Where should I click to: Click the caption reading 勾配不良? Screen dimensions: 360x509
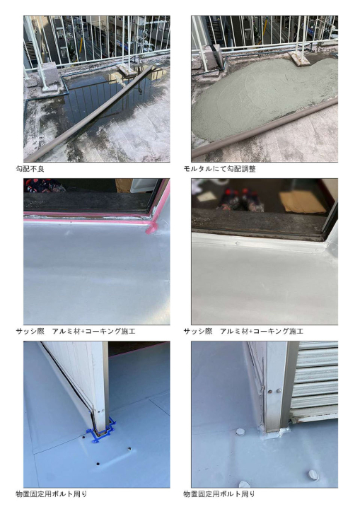click(30, 169)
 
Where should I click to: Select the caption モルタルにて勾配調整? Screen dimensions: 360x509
click(220, 169)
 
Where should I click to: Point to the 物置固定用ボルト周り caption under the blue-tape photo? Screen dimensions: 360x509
click(52, 494)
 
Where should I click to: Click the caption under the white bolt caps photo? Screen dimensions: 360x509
click(219, 494)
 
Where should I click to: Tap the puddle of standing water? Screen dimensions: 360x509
click(108, 98)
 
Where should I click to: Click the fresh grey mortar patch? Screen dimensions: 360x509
click(260, 98)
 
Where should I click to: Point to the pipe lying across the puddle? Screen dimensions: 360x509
click(89, 115)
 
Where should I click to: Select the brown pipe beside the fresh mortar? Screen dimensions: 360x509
click(265, 127)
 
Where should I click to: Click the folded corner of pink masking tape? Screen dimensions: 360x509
click(152, 228)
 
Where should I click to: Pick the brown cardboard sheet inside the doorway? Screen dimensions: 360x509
click(303, 202)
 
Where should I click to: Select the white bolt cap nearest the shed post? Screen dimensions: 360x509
click(240, 433)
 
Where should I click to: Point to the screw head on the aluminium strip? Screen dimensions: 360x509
click(238, 242)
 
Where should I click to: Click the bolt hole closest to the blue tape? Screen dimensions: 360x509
click(84, 438)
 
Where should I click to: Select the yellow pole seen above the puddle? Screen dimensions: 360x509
click(79, 48)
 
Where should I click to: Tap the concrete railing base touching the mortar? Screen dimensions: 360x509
click(300, 59)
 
